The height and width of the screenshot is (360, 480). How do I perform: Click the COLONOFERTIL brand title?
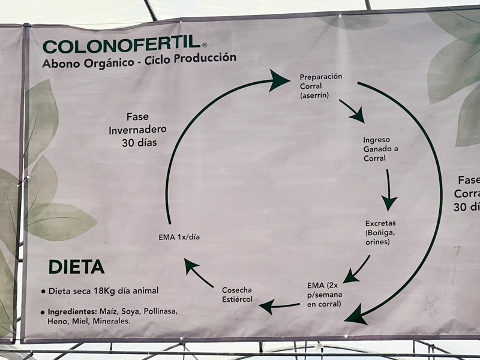(122, 46)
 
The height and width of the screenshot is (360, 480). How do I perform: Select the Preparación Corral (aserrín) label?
(320, 86)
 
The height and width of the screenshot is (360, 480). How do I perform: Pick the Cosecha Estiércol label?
(237, 294)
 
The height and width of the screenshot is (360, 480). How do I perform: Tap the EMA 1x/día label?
(179, 237)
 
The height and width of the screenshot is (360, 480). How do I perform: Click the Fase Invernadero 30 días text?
(137, 129)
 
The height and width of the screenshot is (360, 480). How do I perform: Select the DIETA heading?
(76, 267)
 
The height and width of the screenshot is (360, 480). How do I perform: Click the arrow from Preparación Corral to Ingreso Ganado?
(352, 111)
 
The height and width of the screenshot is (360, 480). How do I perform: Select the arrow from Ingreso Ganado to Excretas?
(389, 190)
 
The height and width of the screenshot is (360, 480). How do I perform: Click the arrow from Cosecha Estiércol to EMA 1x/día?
(199, 273)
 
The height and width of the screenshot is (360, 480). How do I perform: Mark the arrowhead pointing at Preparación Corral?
(278, 80)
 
